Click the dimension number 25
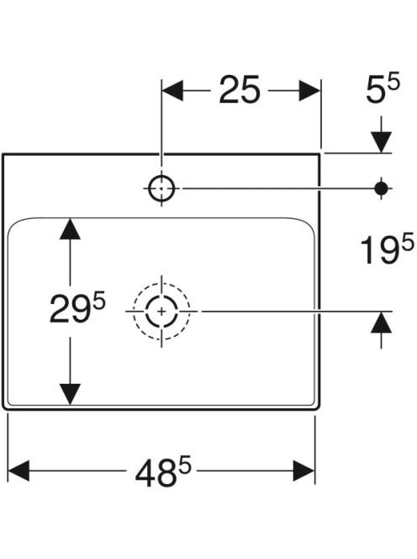click(240, 90)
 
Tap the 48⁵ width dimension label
click(163, 472)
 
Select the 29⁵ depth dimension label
click(77, 309)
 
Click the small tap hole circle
click(161, 189)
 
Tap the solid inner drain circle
click(161, 311)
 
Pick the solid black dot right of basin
click(382, 189)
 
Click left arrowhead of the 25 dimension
click(172, 91)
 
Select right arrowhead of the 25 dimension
click(310, 91)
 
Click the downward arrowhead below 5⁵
click(382, 142)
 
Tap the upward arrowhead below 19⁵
click(382, 322)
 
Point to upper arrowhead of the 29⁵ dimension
click(70, 229)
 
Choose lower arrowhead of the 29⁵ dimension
click(70, 394)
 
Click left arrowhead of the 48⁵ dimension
click(18, 471)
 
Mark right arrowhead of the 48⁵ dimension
click(304, 471)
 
